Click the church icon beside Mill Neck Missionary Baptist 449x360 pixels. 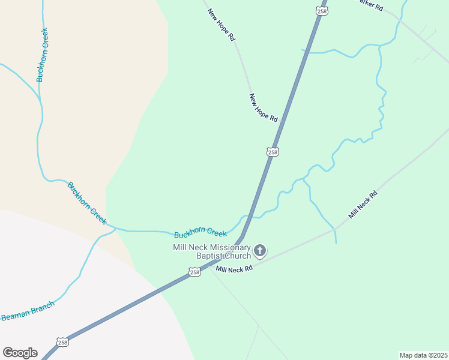[x=259, y=250]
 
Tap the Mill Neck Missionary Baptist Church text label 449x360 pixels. [x=211, y=252]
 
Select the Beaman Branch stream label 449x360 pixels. [x=28, y=311]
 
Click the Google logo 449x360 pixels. [x=20, y=353]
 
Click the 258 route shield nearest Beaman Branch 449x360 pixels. [x=63, y=342]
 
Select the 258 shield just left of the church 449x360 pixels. [x=194, y=272]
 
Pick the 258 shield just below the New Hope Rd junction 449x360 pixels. [x=273, y=152]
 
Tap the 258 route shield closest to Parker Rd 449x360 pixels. [x=322, y=11]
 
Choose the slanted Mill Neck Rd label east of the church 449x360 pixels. [x=363, y=204]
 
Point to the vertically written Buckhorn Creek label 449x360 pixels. [x=41, y=55]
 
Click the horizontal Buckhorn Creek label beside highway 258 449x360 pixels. [x=200, y=232]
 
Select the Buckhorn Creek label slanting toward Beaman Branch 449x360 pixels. [x=87, y=203]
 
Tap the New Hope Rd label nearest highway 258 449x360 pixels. [x=264, y=108]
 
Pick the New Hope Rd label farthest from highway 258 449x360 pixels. [x=221, y=25]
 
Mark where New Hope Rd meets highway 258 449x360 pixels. [x=282, y=121]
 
